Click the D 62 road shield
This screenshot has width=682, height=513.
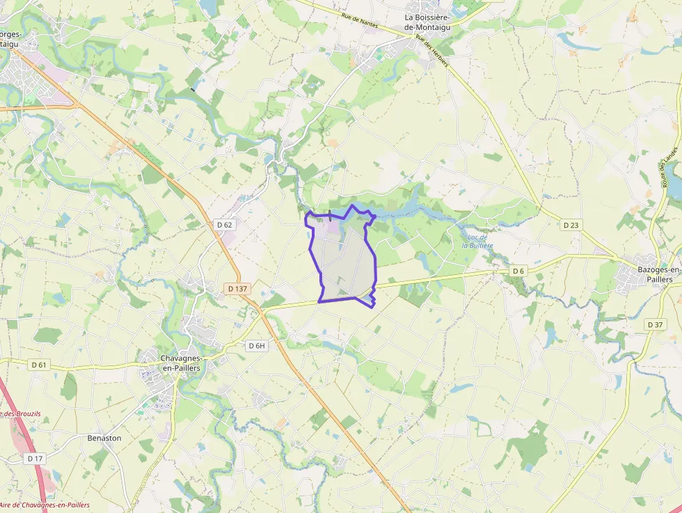pyautogui.click(x=224, y=225)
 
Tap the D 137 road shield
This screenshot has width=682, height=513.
pyautogui.click(x=237, y=288)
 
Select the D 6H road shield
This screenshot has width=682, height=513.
pyautogui.click(x=257, y=345)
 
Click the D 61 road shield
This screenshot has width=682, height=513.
pyautogui.click(x=39, y=365)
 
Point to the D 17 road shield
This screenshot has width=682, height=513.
pyautogui.click(x=35, y=459)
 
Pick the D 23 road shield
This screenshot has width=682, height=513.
pyautogui.click(x=571, y=224)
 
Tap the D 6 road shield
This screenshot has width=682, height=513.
pyautogui.click(x=518, y=270)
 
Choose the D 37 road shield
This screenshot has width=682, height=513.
pyautogui.click(x=655, y=324)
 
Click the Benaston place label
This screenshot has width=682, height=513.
pyautogui.click(x=104, y=438)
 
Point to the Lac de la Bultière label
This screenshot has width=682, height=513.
pyautogui.click(x=477, y=241)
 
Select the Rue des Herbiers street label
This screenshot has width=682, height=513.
pyautogui.click(x=431, y=51)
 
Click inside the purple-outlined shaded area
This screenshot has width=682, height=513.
pyautogui.click(x=344, y=261)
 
